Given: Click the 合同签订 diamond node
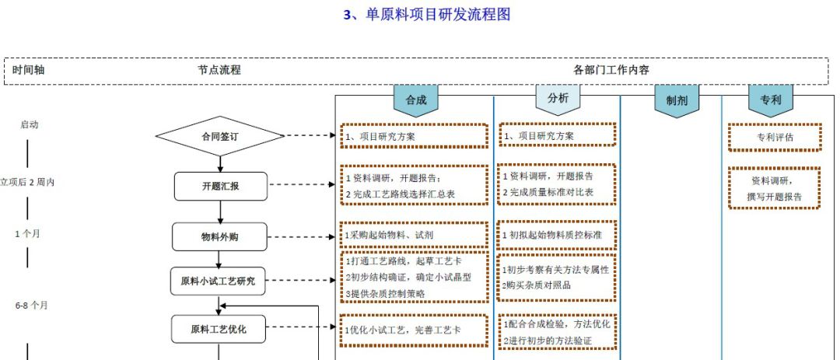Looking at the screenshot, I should click(x=220, y=136).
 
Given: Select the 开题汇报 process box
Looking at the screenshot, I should click(x=220, y=186).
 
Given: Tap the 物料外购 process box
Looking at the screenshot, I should click(x=220, y=237).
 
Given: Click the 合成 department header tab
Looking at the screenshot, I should click(x=416, y=100).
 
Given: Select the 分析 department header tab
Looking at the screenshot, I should click(x=558, y=99).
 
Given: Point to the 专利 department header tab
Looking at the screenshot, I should click(x=771, y=100).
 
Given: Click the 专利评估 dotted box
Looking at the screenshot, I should click(x=775, y=137).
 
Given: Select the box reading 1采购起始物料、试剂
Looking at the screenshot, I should click(x=415, y=235).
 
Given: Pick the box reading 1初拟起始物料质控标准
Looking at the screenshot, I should click(x=557, y=235).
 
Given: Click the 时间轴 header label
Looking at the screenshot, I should click(x=29, y=70).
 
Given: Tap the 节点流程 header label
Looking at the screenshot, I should click(x=219, y=70).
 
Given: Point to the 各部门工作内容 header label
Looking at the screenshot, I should click(x=611, y=70).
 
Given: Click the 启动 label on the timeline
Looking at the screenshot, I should click(x=29, y=124).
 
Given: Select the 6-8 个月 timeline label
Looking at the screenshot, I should click(x=32, y=306).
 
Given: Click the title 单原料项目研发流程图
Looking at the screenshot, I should click(x=427, y=15).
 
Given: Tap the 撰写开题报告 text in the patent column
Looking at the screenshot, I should click(x=775, y=197).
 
